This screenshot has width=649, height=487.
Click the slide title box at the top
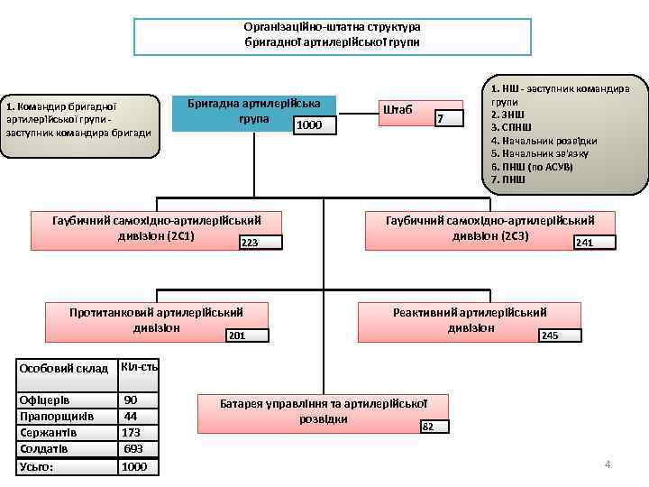click(x=332, y=35)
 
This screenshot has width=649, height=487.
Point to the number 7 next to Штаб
click(x=440, y=119)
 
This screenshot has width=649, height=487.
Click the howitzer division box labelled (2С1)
click(x=156, y=229)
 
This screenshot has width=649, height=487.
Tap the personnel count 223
click(x=251, y=243)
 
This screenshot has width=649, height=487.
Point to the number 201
click(x=237, y=335)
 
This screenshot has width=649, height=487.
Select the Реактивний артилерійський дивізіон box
click(x=470, y=319)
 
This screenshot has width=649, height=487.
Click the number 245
click(x=549, y=335)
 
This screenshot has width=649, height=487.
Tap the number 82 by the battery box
click(x=428, y=427)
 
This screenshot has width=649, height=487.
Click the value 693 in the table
click(x=133, y=448)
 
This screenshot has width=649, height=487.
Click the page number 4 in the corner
click(x=608, y=464)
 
